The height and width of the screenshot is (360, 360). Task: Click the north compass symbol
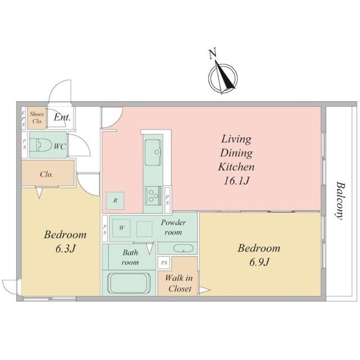point(223,78)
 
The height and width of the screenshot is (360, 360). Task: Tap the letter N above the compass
point(213,53)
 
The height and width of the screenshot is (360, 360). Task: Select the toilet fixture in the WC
point(40,145)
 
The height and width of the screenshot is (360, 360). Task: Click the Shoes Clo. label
point(37,118)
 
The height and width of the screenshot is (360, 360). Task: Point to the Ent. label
point(62,118)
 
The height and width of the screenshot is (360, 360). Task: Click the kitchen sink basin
point(153,152)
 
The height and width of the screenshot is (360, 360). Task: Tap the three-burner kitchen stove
point(153,195)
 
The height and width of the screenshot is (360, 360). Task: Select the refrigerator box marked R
point(115,201)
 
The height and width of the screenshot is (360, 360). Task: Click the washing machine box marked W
point(121,228)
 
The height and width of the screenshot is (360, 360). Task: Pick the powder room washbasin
point(183,248)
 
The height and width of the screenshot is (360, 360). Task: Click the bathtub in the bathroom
point(129,283)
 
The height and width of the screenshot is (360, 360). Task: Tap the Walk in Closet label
point(179,283)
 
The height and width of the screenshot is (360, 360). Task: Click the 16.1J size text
point(236,181)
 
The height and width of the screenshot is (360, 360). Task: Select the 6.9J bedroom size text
point(259,262)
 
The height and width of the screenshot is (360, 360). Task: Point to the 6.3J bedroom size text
point(65,249)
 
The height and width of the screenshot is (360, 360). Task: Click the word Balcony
point(341,201)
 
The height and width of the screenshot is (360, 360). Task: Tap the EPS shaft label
point(24,118)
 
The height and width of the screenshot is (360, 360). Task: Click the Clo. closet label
point(47,174)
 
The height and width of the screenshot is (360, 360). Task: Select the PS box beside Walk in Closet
point(164,263)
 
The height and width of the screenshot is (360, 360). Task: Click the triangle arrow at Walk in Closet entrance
point(204,290)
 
